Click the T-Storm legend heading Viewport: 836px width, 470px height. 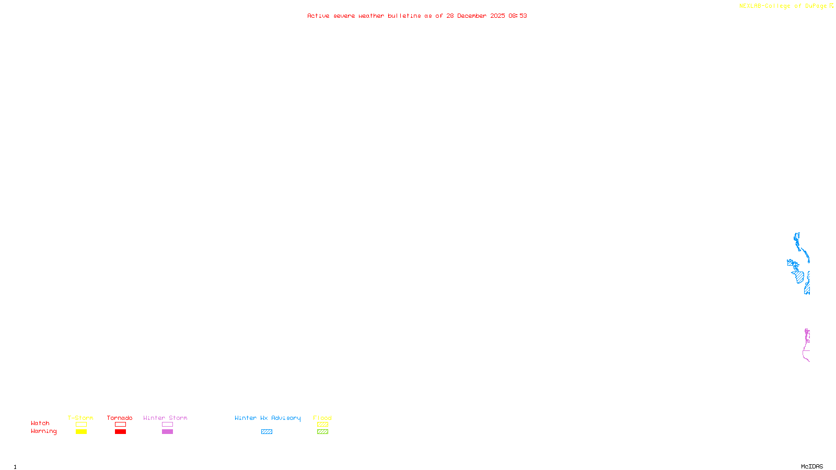tap(80, 418)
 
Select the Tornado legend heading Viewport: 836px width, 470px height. tap(120, 418)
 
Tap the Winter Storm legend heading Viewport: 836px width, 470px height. tap(165, 418)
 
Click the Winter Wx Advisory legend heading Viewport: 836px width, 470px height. tap(268, 418)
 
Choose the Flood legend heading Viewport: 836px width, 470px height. tap(322, 418)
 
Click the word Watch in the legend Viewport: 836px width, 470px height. tap(40, 423)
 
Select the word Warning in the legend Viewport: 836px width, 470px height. tap(43, 431)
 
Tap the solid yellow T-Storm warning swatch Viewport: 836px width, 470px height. tap(81, 432)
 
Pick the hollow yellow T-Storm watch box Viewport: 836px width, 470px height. tap(81, 425)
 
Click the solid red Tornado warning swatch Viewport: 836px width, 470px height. tap(121, 432)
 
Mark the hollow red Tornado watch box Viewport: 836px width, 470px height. tap(121, 425)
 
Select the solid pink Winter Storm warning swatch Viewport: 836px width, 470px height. tap(167, 432)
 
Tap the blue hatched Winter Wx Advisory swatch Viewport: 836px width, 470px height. tap(266, 432)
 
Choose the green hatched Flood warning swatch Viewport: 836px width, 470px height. tap(322, 432)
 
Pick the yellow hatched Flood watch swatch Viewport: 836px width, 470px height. tap(322, 425)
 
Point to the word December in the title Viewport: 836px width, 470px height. tap(472, 16)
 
